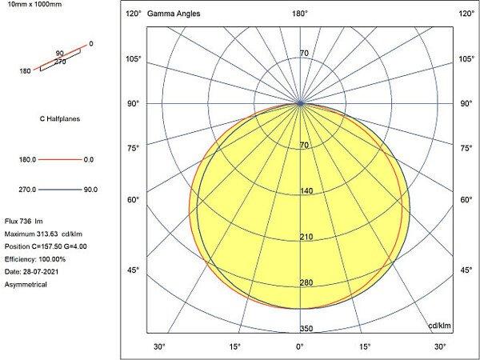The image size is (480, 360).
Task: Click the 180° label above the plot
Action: tap(300, 14)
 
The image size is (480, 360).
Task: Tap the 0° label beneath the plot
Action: tap(300, 346)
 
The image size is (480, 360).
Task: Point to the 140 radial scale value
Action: tap(304, 191)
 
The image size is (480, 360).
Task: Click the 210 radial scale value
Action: tap(304, 238)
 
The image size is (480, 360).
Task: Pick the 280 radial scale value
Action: tap(304, 283)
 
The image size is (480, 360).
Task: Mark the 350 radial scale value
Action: tap(304, 328)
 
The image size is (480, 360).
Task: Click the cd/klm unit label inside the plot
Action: tap(440, 326)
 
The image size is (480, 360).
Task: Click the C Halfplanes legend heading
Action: tap(59, 119)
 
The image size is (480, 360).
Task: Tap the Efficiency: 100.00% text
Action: tap(35, 258)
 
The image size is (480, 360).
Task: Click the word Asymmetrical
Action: tap(26, 284)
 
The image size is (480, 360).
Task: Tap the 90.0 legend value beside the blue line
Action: tap(90, 190)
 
